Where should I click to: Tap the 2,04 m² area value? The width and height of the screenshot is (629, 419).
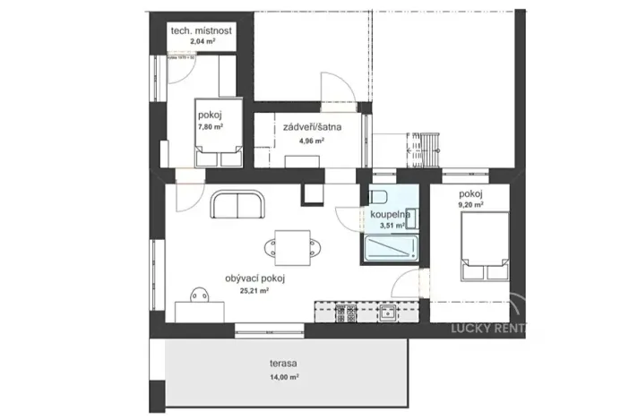[x=202, y=41]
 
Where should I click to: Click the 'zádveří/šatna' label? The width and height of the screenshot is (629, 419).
[x=311, y=127]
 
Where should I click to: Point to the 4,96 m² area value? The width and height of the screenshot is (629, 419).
[x=309, y=141]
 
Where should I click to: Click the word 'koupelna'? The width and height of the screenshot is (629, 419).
[x=386, y=215]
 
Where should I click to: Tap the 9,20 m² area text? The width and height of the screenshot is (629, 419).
[x=471, y=205]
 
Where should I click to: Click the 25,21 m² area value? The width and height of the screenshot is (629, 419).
[x=255, y=290]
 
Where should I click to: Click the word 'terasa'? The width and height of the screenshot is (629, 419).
[x=283, y=365]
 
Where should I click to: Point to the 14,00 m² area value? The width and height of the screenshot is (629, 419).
[x=284, y=378]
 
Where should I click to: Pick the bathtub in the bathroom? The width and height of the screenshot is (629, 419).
[x=392, y=251]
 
